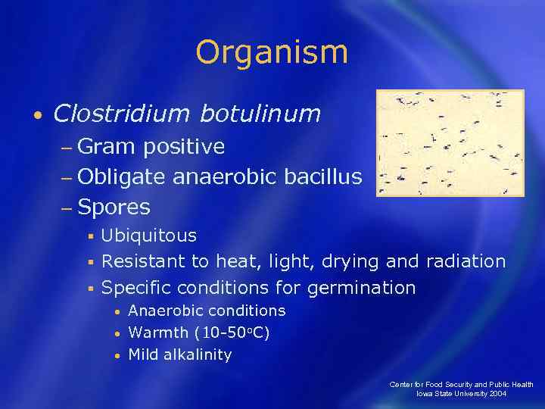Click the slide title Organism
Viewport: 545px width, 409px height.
tap(272, 53)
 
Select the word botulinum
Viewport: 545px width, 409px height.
tap(260, 114)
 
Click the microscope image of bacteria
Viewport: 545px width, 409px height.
tap(450, 143)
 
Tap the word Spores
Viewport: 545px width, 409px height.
tap(114, 207)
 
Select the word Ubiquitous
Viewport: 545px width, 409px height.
tap(149, 236)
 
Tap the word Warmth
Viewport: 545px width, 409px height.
tap(159, 333)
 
